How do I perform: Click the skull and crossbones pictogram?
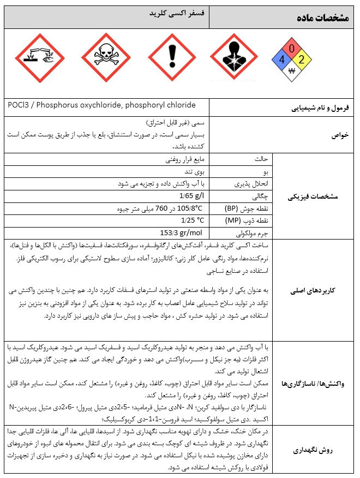(x=106, y=58)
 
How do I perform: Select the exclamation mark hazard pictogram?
(x=173, y=58)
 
